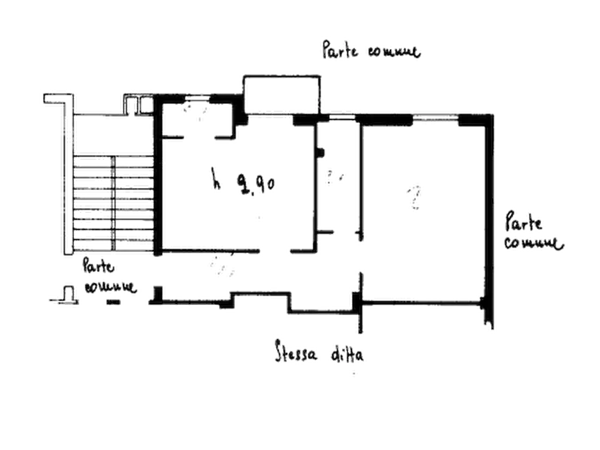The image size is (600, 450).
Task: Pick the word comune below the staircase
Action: (x=110, y=288)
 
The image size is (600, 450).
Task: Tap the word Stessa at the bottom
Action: (x=296, y=352)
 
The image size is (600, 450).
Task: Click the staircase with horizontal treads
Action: (x=114, y=201)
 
